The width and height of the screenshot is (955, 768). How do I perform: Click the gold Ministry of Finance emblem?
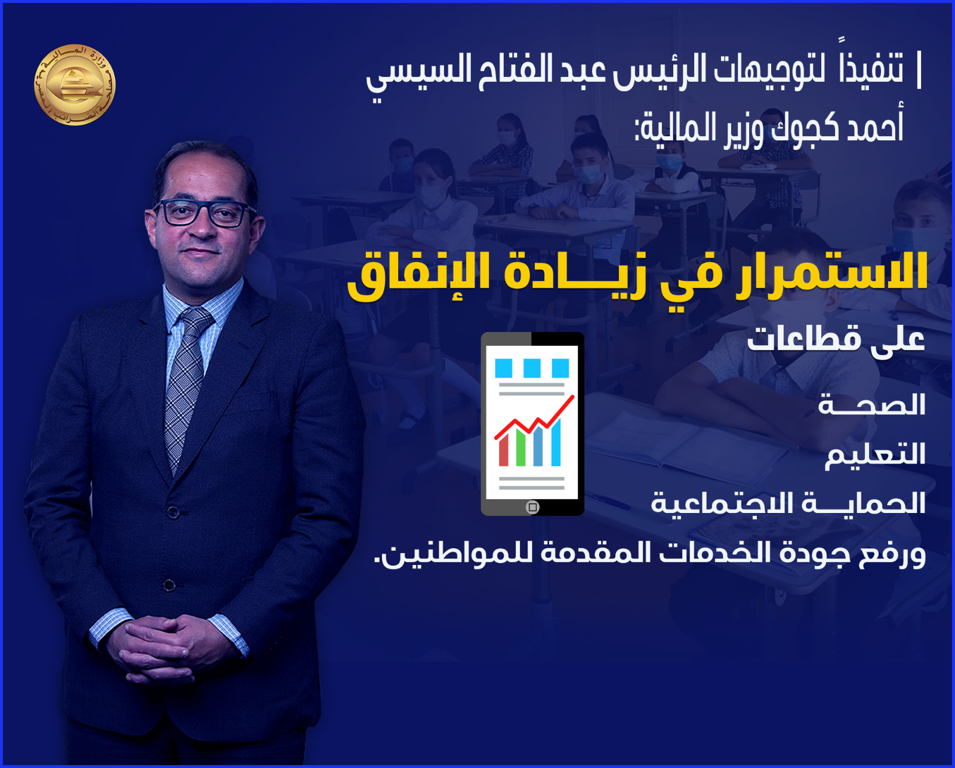75,84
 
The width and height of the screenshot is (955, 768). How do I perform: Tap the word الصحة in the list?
871,405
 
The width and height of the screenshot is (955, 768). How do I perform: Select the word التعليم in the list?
874,454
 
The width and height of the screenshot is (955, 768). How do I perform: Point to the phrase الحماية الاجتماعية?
788,503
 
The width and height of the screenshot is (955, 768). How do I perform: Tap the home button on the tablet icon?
532,507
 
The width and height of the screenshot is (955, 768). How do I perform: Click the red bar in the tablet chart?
503,450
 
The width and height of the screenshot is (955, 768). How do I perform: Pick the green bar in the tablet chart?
520,448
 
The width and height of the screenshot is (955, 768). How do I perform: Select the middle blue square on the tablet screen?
532,368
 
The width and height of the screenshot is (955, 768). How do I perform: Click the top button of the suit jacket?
174,513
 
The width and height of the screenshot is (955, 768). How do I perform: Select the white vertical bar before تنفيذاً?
919,70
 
